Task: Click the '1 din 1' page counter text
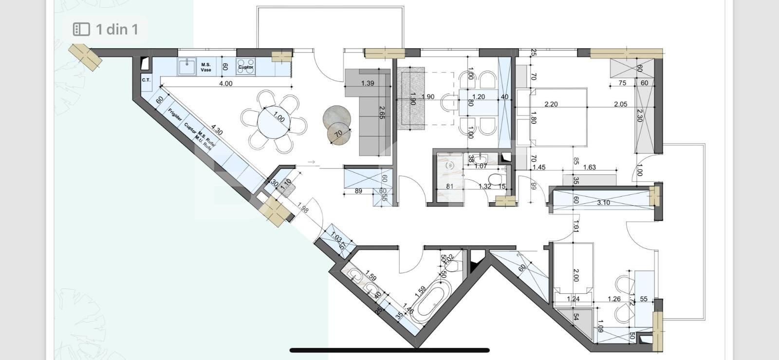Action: click(x=117, y=29)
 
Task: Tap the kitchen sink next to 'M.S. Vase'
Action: click(x=186, y=66)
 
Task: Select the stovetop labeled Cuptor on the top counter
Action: click(x=245, y=66)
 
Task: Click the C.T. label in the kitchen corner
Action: click(x=146, y=80)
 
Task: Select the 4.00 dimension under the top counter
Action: click(x=226, y=83)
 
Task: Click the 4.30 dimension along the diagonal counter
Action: click(x=217, y=132)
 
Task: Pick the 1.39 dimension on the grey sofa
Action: click(x=368, y=83)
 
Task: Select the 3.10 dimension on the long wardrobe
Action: click(x=603, y=203)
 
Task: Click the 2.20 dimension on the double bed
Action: click(x=551, y=104)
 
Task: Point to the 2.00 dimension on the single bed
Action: click(x=576, y=275)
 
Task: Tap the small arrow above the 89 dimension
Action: click(x=312, y=162)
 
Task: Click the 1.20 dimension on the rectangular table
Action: click(x=479, y=97)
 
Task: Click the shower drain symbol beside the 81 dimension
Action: click(x=450, y=166)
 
